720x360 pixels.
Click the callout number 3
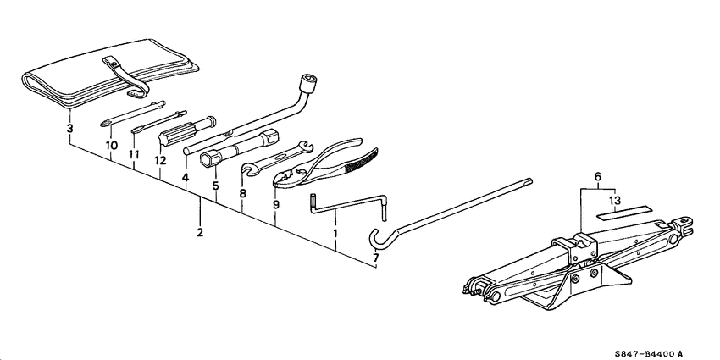pyautogui.click(x=69, y=130)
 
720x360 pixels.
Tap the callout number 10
pyautogui.click(x=111, y=145)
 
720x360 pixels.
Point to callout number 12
pyautogui.click(x=159, y=160)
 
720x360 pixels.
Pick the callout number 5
pyautogui.click(x=216, y=185)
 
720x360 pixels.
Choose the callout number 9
pyautogui.click(x=275, y=204)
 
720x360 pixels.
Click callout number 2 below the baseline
pyautogui.click(x=200, y=232)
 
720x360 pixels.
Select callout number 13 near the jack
pyautogui.click(x=614, y=200)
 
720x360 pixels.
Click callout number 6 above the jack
pyautogui.click(x=598, y=176)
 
